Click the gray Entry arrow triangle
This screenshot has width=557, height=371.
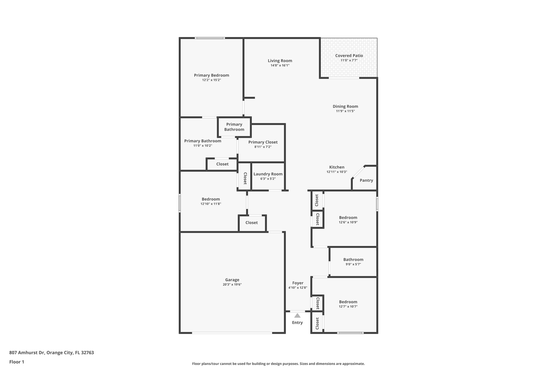coord(297,316)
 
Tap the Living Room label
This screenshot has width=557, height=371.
coord(280,61)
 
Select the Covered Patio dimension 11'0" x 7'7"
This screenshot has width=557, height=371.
coord(349,60)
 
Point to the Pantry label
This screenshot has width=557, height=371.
coord(366,180)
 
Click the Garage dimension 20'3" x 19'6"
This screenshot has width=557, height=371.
coord(232,285)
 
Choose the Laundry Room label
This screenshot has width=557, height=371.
coord(268,174)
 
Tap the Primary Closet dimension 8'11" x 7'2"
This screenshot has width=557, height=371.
coord(263,147)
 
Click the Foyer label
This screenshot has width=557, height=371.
coord(298,283)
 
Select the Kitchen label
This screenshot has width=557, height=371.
coord(337,167)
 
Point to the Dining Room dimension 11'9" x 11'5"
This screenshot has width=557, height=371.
coord(345,111)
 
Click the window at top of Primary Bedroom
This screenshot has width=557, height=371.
coord(210,38)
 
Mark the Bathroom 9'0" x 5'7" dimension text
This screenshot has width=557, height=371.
coord(353,264)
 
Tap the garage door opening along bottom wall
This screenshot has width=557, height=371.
coord(232,333)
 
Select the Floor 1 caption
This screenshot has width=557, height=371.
coord(17,362)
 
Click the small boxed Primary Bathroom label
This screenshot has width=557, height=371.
coord(234,127)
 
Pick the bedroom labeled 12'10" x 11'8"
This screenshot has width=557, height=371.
coord(211,201)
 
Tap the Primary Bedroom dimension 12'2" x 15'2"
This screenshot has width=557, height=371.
coord(211,80)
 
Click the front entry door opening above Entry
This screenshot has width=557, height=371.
coord(297,311)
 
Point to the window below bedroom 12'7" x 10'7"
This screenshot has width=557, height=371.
coord(350,333)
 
